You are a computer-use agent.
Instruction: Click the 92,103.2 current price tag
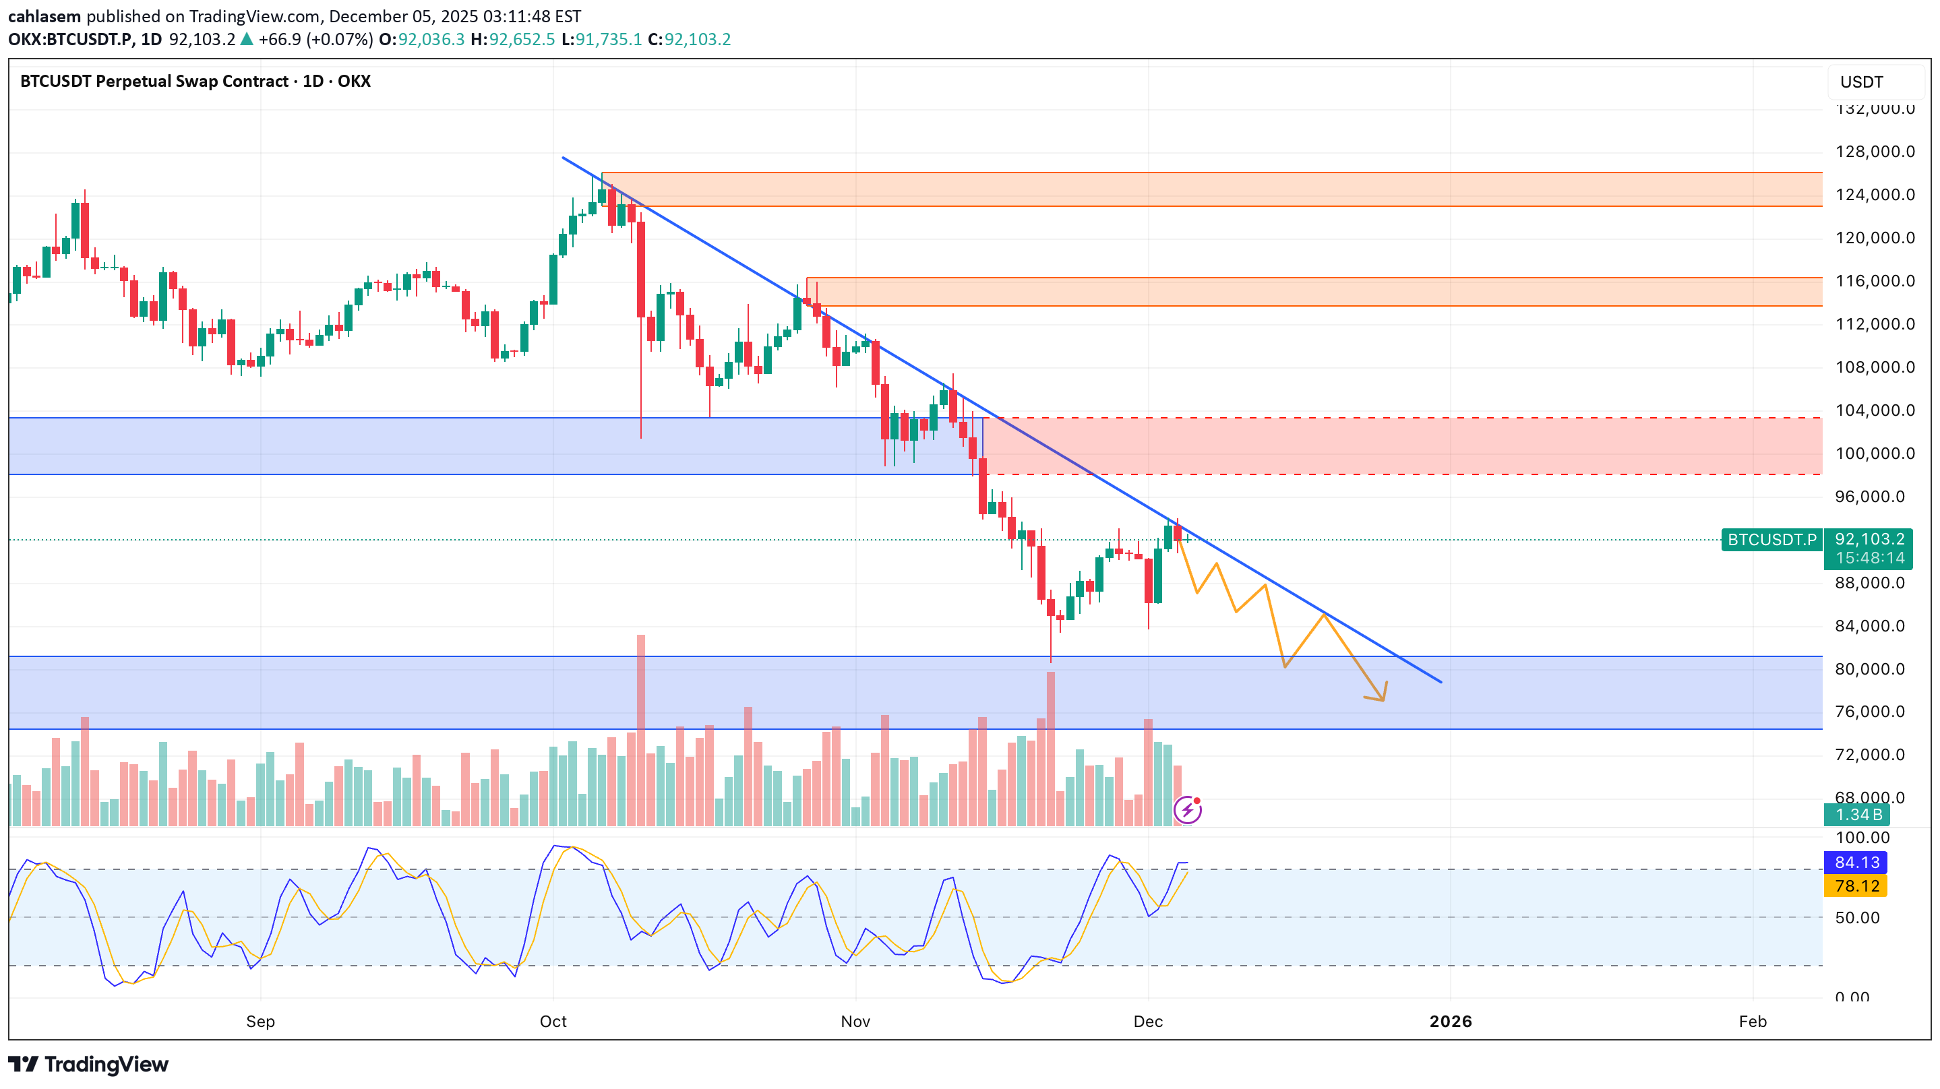[1869, 539]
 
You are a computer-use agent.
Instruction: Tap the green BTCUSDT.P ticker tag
[1771, 540]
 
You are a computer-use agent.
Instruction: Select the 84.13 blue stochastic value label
[1856, 863]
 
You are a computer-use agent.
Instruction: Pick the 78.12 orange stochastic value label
[1856, 885]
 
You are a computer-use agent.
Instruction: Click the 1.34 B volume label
[1858, 815]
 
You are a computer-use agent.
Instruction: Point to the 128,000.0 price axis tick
[1875, 152]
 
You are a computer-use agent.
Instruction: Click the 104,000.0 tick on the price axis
[1875, 410]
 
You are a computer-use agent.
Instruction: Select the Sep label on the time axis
[261, 1021]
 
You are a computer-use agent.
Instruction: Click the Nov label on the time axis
[855, 1021]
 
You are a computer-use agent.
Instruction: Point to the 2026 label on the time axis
[1451, 1021]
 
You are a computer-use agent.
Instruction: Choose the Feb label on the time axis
[1753, 1021]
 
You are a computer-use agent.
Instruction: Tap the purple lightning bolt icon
[1188, 811]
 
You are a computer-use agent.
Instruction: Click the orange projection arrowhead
[1382, 697]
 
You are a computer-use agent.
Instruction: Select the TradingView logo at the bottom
[89, 1064]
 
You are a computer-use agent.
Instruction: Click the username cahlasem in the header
[44, 15]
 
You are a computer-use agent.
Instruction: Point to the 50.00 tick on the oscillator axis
[1856, 917]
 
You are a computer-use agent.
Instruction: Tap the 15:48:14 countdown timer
[1869, 558]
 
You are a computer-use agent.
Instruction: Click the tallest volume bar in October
[641, 730]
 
